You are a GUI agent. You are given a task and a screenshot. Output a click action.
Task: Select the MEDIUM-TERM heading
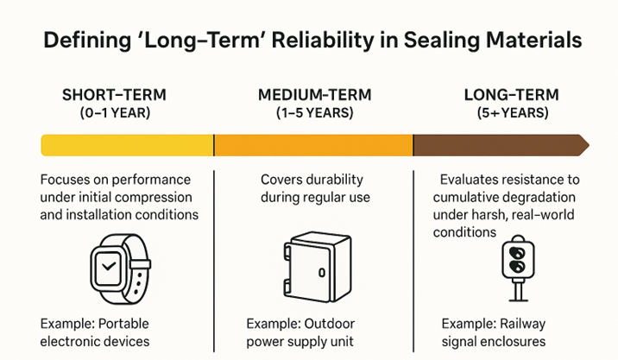point(313,95)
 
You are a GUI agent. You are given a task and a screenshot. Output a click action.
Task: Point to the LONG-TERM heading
point(511,95)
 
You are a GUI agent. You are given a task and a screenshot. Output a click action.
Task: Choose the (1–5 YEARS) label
point(314,112)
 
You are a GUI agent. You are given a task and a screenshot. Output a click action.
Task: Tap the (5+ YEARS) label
point(512,112)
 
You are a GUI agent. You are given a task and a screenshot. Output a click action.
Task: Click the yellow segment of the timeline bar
point(128,145)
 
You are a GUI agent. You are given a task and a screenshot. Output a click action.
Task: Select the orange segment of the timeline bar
point(313,145)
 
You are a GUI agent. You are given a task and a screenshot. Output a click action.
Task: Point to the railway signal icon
point(516,268)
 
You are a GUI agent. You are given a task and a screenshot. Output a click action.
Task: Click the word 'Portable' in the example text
point(123,324)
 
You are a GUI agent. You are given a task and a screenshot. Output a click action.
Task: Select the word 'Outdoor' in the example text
point(328,324)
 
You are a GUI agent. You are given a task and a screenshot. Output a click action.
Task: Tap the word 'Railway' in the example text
point(524,324)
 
